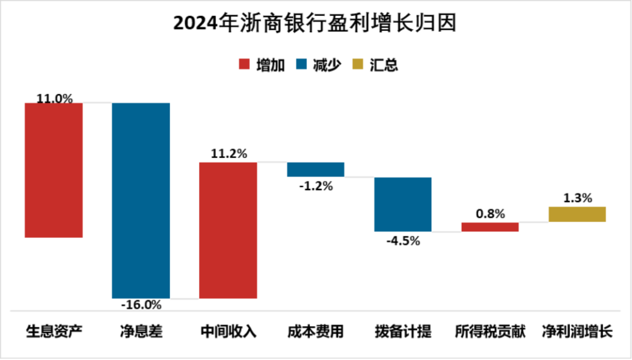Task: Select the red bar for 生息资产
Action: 54,170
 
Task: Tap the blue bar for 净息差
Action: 140,200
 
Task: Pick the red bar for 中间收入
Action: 228,230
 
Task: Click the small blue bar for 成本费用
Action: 315,169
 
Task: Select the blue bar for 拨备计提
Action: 403,204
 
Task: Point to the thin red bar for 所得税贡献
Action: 490,227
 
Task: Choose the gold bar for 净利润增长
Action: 577,214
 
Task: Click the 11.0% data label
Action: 54,98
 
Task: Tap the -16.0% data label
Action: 140,305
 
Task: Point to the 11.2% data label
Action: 228,155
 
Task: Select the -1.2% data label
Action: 315,186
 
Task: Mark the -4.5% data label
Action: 403,240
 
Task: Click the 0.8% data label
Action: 490,214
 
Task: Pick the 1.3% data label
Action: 577,198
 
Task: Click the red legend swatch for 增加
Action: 244,64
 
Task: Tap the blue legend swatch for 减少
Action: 301,64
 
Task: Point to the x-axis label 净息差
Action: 140,332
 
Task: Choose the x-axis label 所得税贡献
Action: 490,332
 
